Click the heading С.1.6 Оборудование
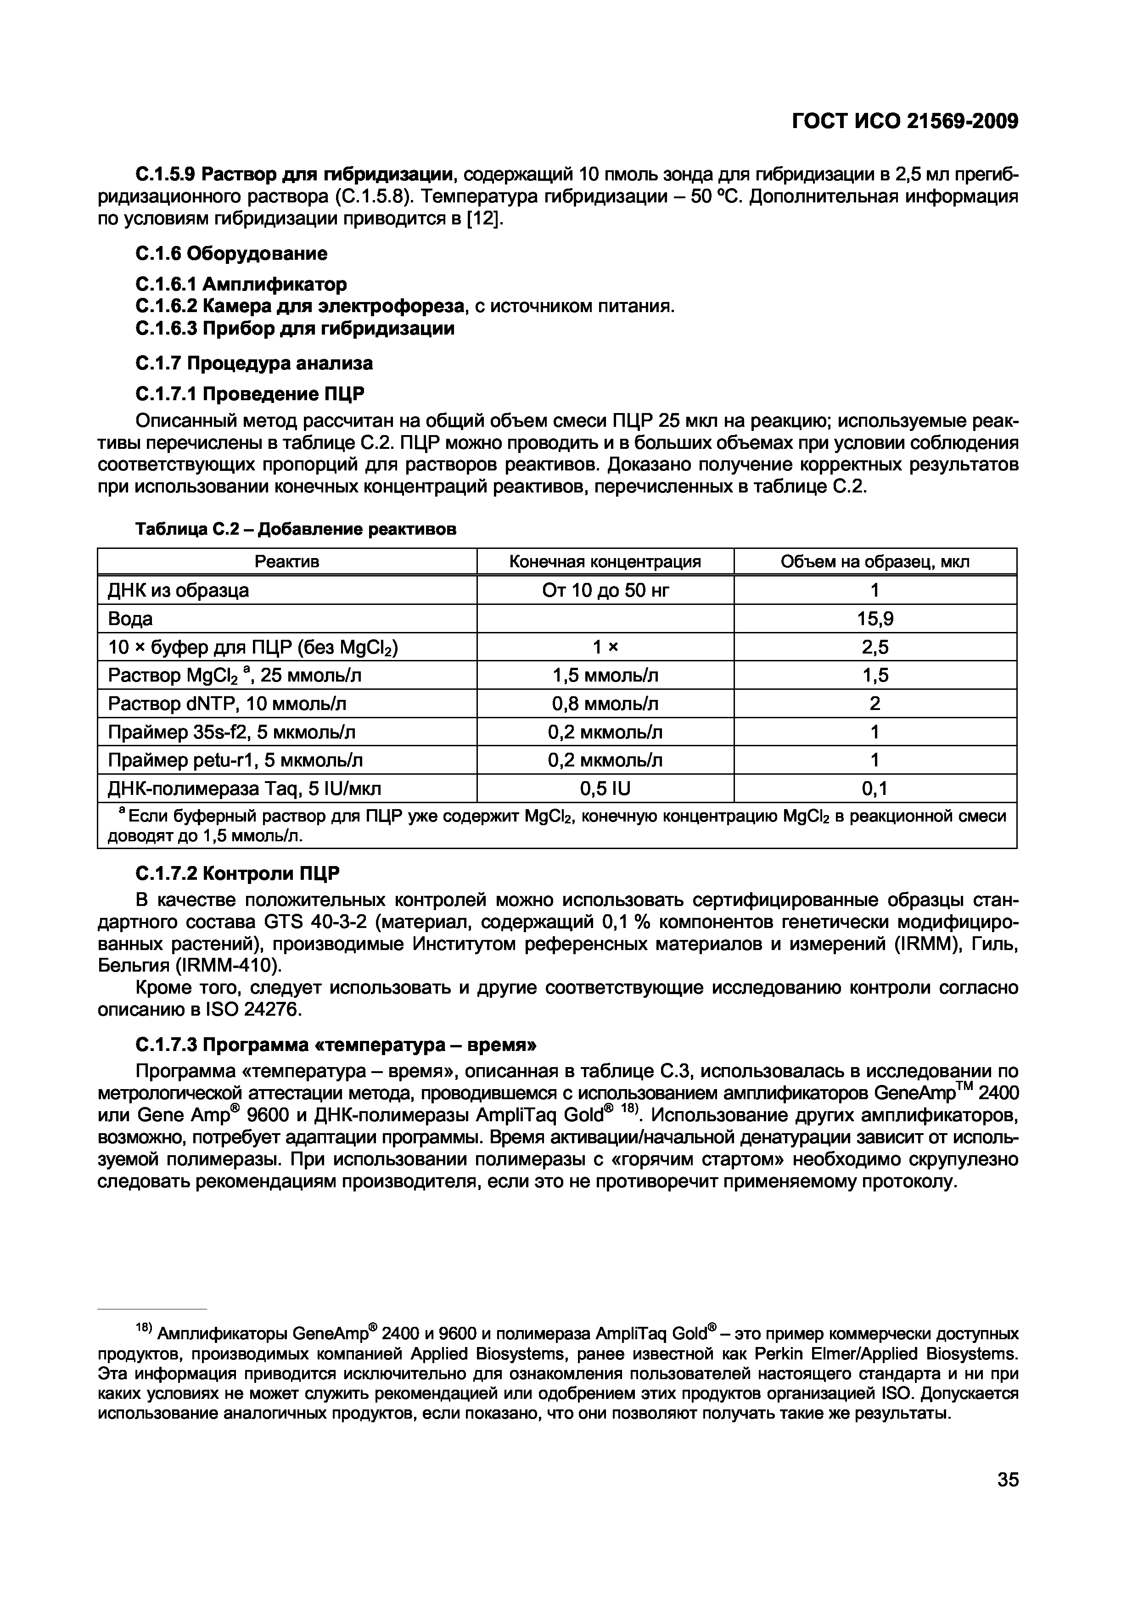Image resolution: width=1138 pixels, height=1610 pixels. click(x=231, y=253)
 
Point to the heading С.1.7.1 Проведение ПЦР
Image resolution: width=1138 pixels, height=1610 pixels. click(x=250, y=394)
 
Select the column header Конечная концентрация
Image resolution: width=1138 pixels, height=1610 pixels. click(x=605, y=562)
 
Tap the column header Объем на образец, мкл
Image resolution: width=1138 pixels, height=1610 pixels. click(x=875, y=562)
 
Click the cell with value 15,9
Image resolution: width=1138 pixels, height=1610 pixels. click(x=875, y=619)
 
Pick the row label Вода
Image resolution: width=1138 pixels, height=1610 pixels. click(x=130, y=619)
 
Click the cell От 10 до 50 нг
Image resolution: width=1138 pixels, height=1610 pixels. click(x=605, y=590)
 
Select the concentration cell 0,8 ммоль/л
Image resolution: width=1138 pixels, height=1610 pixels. click(x=605, y=703)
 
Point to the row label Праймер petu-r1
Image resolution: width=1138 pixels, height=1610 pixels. click(x=235, y=760)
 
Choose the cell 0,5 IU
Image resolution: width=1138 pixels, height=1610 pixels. click(x=605, y=789)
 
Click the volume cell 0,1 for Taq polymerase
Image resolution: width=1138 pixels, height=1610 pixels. click(x=875, y=789)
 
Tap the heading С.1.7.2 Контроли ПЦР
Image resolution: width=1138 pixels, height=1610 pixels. click(x=237, y=874)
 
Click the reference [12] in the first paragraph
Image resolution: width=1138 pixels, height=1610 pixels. click(x=484, y=219)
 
